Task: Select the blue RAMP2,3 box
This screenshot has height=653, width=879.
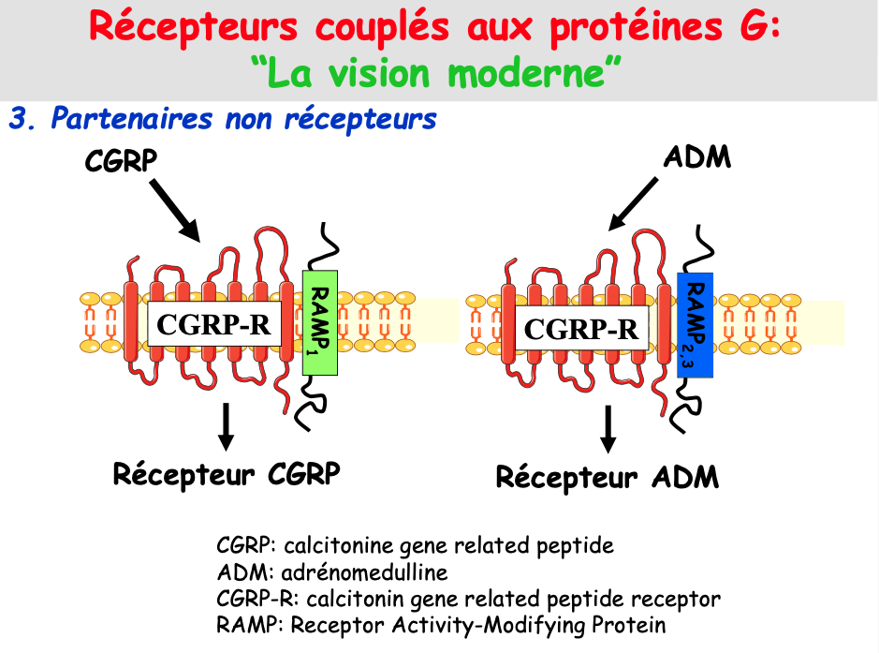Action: (x=695, y=324)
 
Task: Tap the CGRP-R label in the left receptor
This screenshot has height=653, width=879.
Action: (x=213, y=324)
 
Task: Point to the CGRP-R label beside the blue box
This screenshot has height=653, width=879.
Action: (x=581, y=329)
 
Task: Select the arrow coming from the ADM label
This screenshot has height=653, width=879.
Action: (x=636, y=202)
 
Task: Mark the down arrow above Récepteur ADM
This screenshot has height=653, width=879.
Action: (x=608, y=430)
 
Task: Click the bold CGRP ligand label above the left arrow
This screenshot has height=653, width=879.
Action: (x=120, y=161)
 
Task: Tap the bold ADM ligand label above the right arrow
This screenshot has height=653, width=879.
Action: (x=696, y=156)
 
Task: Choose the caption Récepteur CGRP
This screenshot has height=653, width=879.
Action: (x=226, y=472)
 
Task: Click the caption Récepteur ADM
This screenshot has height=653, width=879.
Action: (x=607, y=477)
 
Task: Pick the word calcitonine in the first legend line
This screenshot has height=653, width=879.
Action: (x=330, y=544)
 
